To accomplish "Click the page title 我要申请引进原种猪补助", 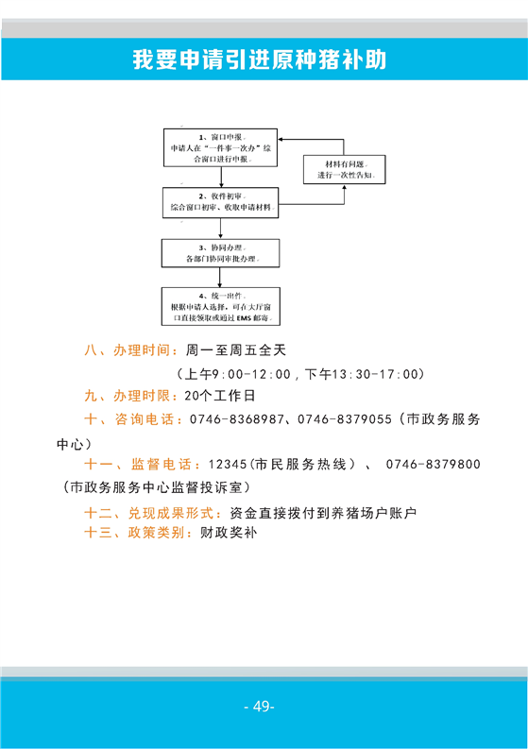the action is click(x=260, y=60).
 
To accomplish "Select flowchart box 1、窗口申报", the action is click(x=220, y=147).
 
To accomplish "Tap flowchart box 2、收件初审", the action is click(x=220, y=202).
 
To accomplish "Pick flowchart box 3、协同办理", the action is click(x=220, y=253).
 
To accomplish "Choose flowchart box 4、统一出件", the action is click(x=221, y=306).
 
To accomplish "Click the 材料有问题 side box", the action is click(x=345, y=170).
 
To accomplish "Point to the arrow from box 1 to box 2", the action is click(x=221, y=178).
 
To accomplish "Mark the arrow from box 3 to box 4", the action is click(x=220, y=278).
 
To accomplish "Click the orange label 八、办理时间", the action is click(x=128, y=350).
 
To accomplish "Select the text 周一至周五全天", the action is click(x=236, y=350).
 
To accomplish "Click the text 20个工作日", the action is click(x=220, y=396).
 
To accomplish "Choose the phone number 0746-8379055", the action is click(x=345, y=419).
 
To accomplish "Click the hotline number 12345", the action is click(x=228, y=465).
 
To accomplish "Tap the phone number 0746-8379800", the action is click(x=433, y=465).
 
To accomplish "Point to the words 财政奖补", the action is click(x=229, y=533).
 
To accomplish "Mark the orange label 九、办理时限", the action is click(x=128, y=396).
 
